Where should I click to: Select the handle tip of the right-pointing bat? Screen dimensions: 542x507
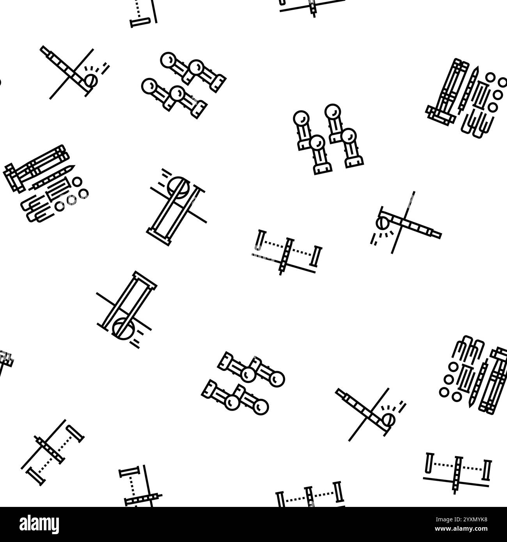pos(439,235)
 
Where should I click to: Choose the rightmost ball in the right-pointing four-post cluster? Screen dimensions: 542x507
pos(278,378)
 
